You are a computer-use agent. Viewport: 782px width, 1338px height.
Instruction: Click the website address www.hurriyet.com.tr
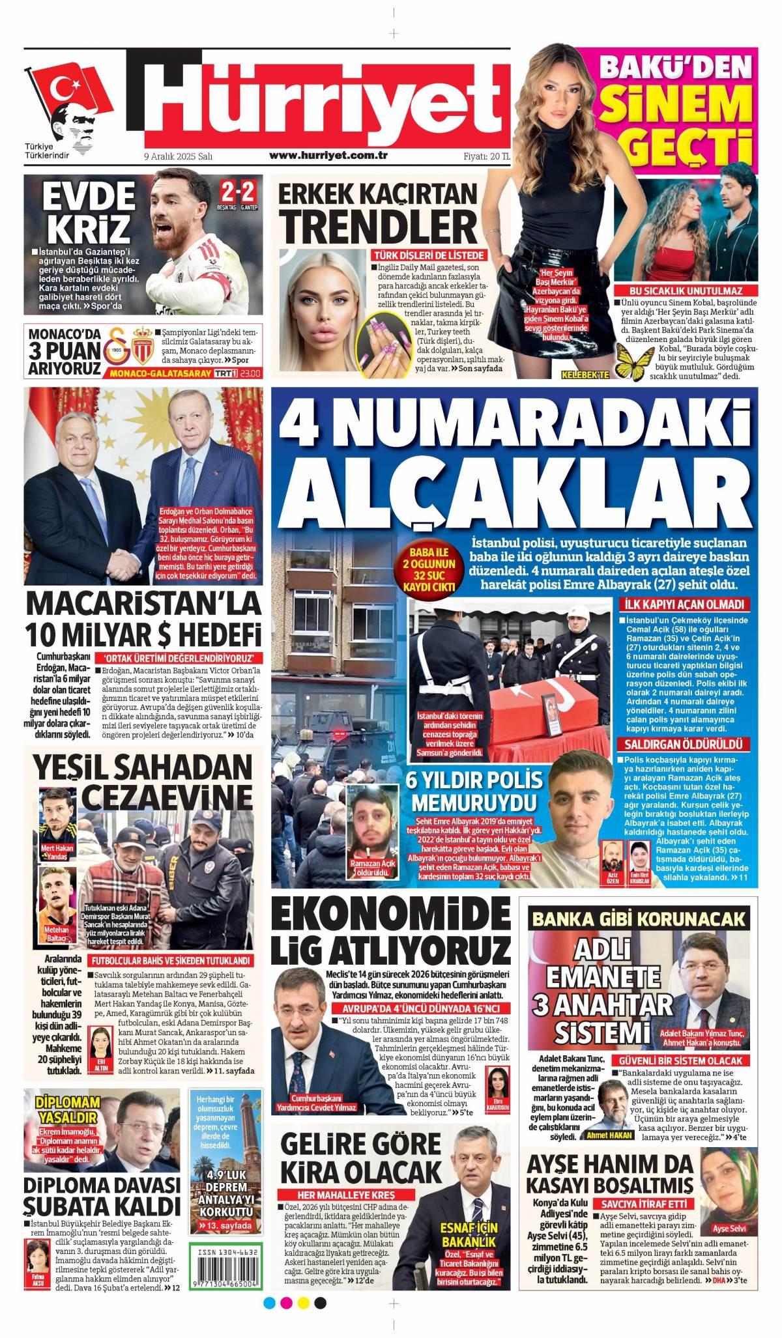click(328, 155)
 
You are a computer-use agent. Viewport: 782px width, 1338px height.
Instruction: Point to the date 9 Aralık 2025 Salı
click(179, 156)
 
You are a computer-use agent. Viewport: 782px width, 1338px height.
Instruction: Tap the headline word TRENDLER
click(379, 227)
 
